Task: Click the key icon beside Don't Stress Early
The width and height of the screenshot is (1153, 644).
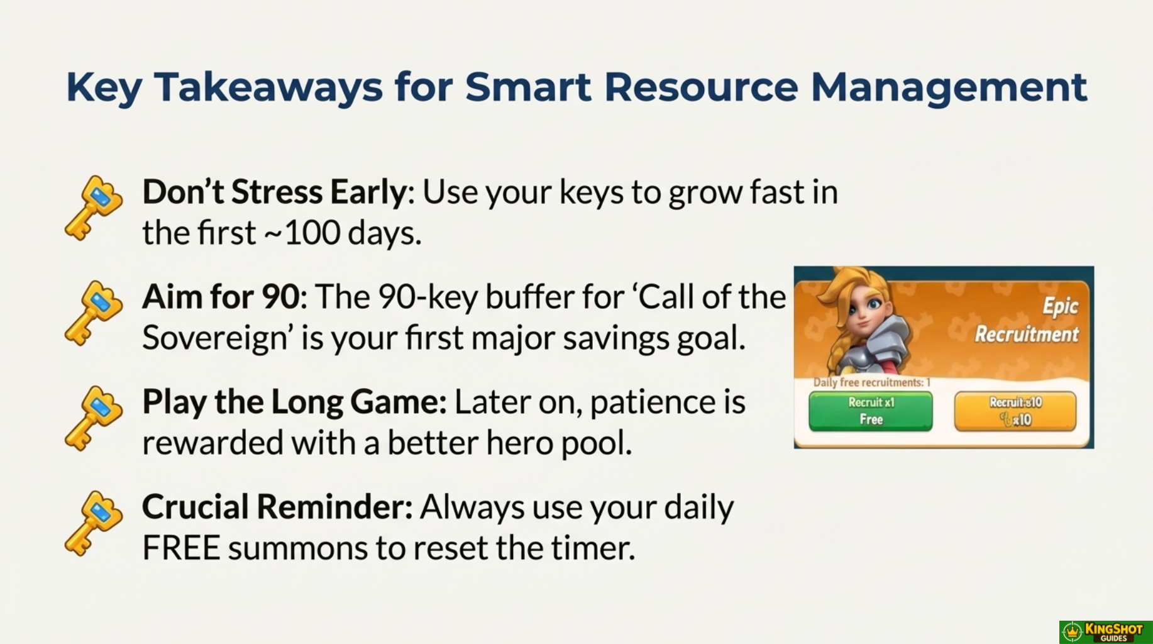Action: point(94,208)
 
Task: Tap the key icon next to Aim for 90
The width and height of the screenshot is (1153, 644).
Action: point(94,313)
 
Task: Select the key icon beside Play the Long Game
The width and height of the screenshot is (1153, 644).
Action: point(94,418)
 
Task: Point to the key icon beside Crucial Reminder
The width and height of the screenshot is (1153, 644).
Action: point(94,523)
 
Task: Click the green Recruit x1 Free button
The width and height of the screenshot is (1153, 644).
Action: point(871,411)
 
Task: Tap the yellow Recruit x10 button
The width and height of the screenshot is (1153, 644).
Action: point(1015,411)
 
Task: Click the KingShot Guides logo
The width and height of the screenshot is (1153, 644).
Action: point(1106,632)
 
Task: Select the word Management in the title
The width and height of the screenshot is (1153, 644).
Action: point(949,87)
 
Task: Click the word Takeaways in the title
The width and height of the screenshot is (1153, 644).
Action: point(268,87)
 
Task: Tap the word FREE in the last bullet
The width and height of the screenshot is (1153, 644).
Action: point(181,548)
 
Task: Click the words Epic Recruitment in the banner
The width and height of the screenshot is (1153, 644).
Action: point(1027,320)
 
